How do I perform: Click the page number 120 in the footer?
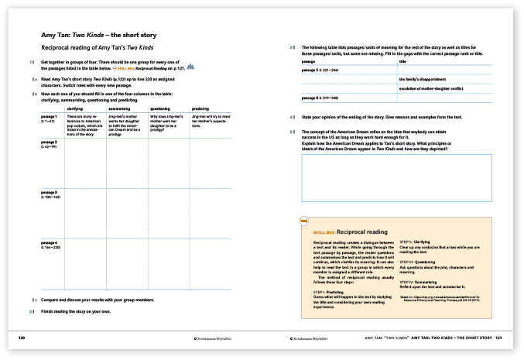tap(22, 338)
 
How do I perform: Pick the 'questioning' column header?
tap(160, 109)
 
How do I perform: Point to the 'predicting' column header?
tap(200, 109)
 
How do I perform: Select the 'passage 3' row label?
tap(49, 192)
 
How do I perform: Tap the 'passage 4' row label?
tap(49, 245)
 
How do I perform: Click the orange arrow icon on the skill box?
tap(304, 222)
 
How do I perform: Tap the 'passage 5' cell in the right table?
tap(324, 70)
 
